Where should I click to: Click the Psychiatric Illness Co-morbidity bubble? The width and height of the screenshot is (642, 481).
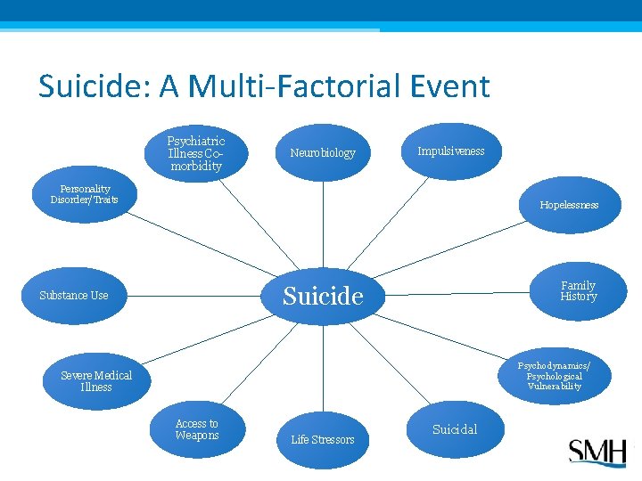coord(196,153)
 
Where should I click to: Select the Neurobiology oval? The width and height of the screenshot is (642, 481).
coord(323,153)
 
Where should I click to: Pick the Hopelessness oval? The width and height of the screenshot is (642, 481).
coord(569,205)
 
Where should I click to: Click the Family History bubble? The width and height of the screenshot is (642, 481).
coord(578,291)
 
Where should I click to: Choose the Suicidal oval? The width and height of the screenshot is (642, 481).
coord(455,429)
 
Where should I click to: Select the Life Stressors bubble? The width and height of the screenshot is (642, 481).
coord(323,439)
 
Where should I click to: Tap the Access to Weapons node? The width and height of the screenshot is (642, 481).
coord(197,430)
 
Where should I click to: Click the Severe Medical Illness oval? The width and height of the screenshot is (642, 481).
coord(96,381)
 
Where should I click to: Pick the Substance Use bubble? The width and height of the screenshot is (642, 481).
coord(74,296)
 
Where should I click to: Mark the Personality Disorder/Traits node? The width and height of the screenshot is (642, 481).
coord(84,194)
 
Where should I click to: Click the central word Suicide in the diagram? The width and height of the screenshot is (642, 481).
coord(323,296)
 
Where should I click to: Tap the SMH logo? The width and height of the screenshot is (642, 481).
coord(597,452)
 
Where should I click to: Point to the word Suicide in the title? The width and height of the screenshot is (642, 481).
coord(86,86)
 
